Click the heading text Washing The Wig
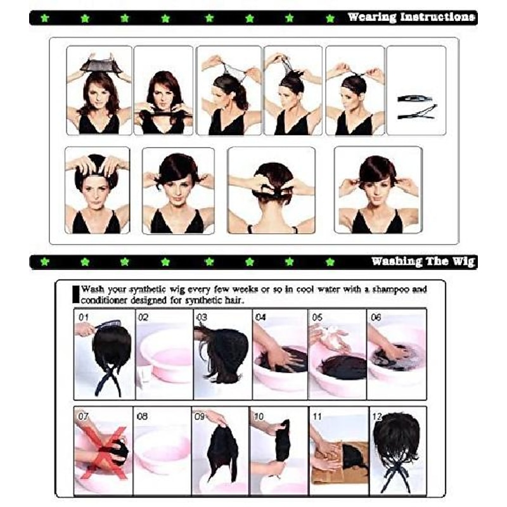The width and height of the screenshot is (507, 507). [423, 261]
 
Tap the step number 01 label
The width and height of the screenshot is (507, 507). [82, 316]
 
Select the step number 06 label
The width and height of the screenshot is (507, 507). [376, 317]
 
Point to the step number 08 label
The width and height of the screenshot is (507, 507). [142, 416]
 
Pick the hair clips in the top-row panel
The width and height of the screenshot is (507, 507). [416, 106]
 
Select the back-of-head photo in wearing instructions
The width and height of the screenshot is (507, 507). [271, 190]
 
